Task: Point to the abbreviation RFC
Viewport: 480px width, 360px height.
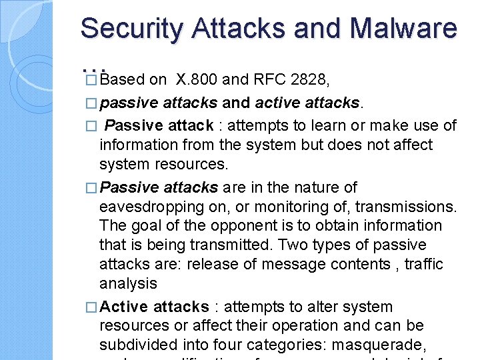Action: (x=271, y=80)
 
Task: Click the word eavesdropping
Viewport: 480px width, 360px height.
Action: (x=157, y=207)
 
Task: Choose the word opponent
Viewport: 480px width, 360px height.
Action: (x=231, y=226)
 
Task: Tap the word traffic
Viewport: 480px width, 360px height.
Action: (x=421, y=265)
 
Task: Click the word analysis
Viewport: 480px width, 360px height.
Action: (x=128, y=284)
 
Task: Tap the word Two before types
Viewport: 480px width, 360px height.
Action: (x=297, y=245)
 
